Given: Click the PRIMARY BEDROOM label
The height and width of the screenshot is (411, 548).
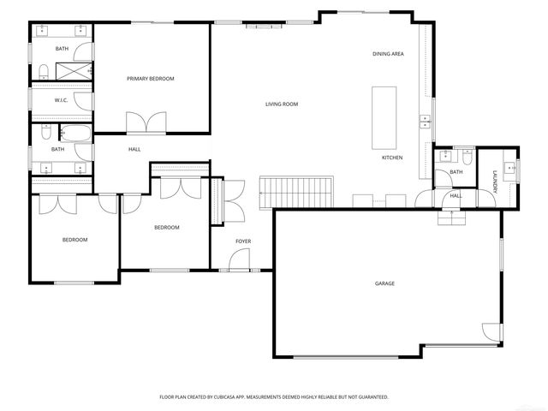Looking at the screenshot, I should [150, 79].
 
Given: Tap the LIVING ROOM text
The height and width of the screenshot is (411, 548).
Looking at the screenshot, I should [281, 104].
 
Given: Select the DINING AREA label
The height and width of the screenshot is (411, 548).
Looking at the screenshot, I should [388, 55].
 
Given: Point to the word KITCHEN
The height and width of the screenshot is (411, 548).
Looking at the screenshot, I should [392, 158].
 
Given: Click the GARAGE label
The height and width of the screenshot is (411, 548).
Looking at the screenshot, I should [384, 283].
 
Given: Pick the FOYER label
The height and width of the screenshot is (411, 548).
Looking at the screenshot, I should [243, 241].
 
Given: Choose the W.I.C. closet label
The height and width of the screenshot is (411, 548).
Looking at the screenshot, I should [61, 100].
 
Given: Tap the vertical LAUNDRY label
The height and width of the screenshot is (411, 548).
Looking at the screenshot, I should [495, 183].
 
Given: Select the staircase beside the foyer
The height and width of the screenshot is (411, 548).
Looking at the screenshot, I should [295, 192].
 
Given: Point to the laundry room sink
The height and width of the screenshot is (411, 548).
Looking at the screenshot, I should [509, 168].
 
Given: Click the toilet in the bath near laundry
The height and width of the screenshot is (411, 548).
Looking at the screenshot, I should [464, 157].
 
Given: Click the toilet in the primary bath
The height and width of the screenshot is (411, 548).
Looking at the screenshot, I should [43, 69].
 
